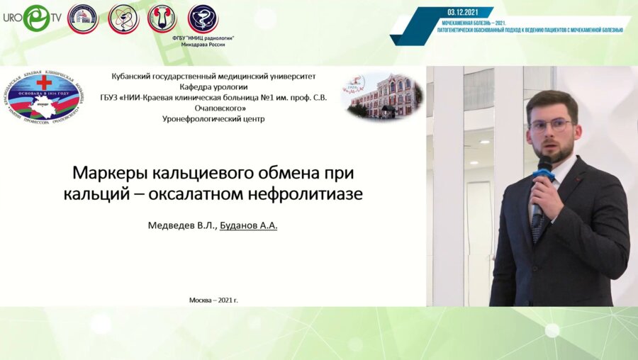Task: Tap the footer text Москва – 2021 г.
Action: pos(213,300)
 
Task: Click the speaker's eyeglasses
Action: pos(550,125)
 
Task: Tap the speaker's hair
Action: pos(552,103)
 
